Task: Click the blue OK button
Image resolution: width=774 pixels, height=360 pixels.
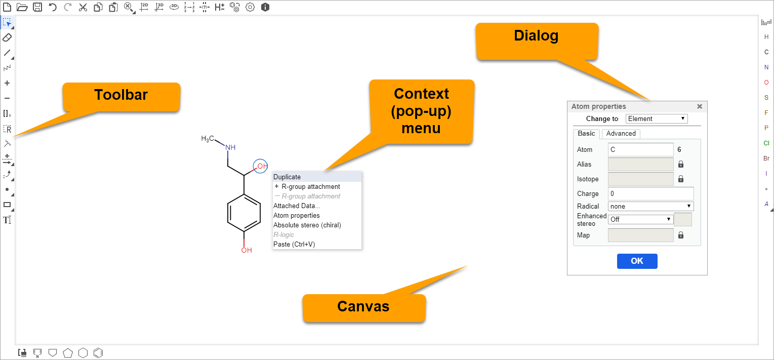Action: pyautogui.click(x=637, y=261)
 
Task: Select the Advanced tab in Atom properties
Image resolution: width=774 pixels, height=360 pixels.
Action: pyautogui.click(x=621, y=134)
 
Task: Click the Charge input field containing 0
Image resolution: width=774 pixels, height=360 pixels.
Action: pyautogui.click(x=650, y=193)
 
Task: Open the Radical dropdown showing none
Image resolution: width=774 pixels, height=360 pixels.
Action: pyautogui.click(x=650, y=206)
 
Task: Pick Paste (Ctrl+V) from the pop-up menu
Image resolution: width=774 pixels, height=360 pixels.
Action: pyautogui.click(x=294, y=244)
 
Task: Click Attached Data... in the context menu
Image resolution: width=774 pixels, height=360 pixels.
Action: pyautogui.click(x=297, y=206)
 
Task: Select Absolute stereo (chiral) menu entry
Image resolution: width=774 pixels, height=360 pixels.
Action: pyautogui.click(x=307, y=225)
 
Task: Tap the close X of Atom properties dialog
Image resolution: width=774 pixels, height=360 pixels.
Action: pyautogui.click(x=700, y=106)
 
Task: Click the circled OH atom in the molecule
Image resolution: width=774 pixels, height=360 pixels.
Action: pyautogui.click(x=261, y=166)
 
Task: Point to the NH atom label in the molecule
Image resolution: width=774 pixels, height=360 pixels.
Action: pyautogui.click(x=230, y=147)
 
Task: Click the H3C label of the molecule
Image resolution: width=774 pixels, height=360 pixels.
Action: pyautogui.click(x=209, y=138)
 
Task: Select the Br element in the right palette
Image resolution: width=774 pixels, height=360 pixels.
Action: pyautogui.click(x=766, y=158)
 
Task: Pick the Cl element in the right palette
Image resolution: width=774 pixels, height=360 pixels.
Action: pyautogui.click(x=766, y=143)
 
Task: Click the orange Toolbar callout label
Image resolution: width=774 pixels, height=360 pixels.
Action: pyautogui.click(x=121, y=95)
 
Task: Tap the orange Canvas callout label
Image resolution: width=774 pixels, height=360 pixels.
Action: pyautogui.click(x=363, y=306)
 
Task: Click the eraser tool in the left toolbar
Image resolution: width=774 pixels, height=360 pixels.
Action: pyautogui.click(x=7, y=37)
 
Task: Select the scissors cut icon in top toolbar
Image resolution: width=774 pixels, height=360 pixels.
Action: pyautogui.click(x=83, y=7)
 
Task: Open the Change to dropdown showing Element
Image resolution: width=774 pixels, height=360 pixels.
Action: pyautogui.click(x=657, y=118)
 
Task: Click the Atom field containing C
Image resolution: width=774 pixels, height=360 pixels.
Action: pyautogui.click(x=640, y=149)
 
